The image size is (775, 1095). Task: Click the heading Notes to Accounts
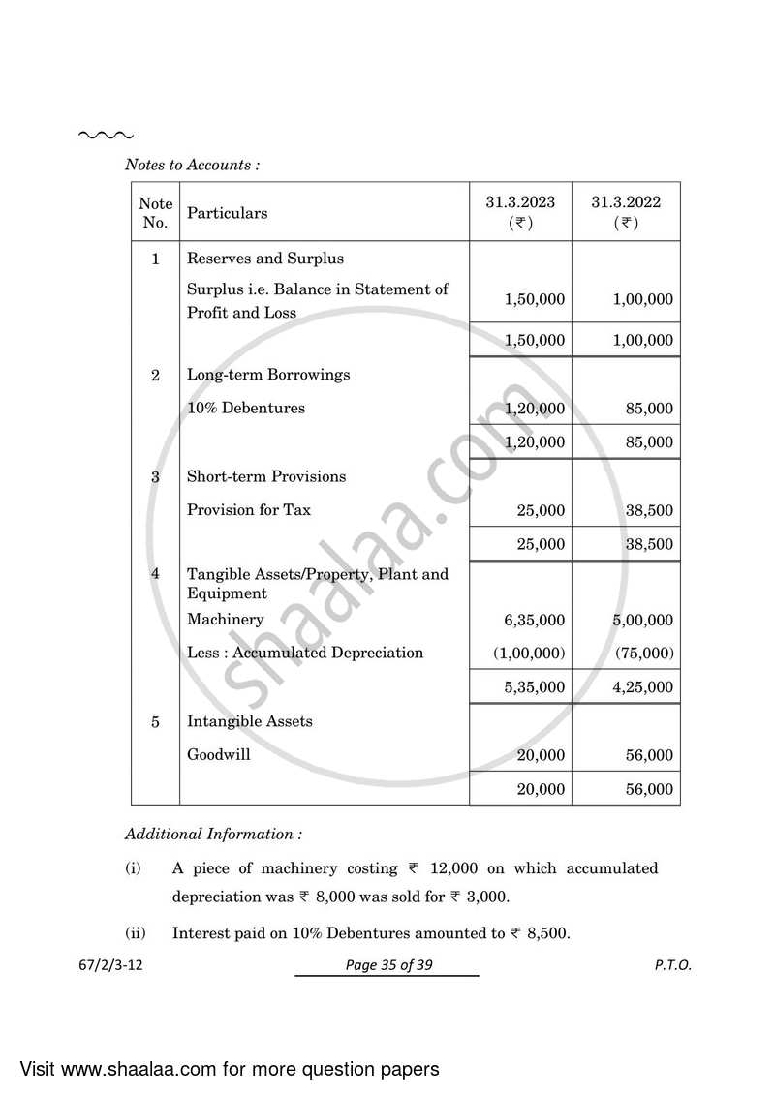[x=192, y=165]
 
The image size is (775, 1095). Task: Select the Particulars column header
[x=227, y=213]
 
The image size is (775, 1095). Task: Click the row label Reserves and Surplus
[x=264, y=259]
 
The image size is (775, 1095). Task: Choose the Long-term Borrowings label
[x=268, y=375]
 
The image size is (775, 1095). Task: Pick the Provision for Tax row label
[x=249, y=509]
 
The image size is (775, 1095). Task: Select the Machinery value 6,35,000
[x=534, y=620]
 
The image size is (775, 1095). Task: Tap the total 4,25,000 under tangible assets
[x=642, y=687]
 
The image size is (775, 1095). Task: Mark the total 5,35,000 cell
[x=534, y=687]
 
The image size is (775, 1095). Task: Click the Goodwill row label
[x=218, y=754]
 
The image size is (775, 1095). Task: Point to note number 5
[x=155, y=721]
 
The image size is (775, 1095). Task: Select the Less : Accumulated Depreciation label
[x=305, y=653]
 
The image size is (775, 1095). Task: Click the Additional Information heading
[x=213, y=834]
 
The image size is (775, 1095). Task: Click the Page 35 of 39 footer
[x=387, y=965]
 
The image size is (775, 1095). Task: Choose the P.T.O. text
[x=673, y=965]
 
